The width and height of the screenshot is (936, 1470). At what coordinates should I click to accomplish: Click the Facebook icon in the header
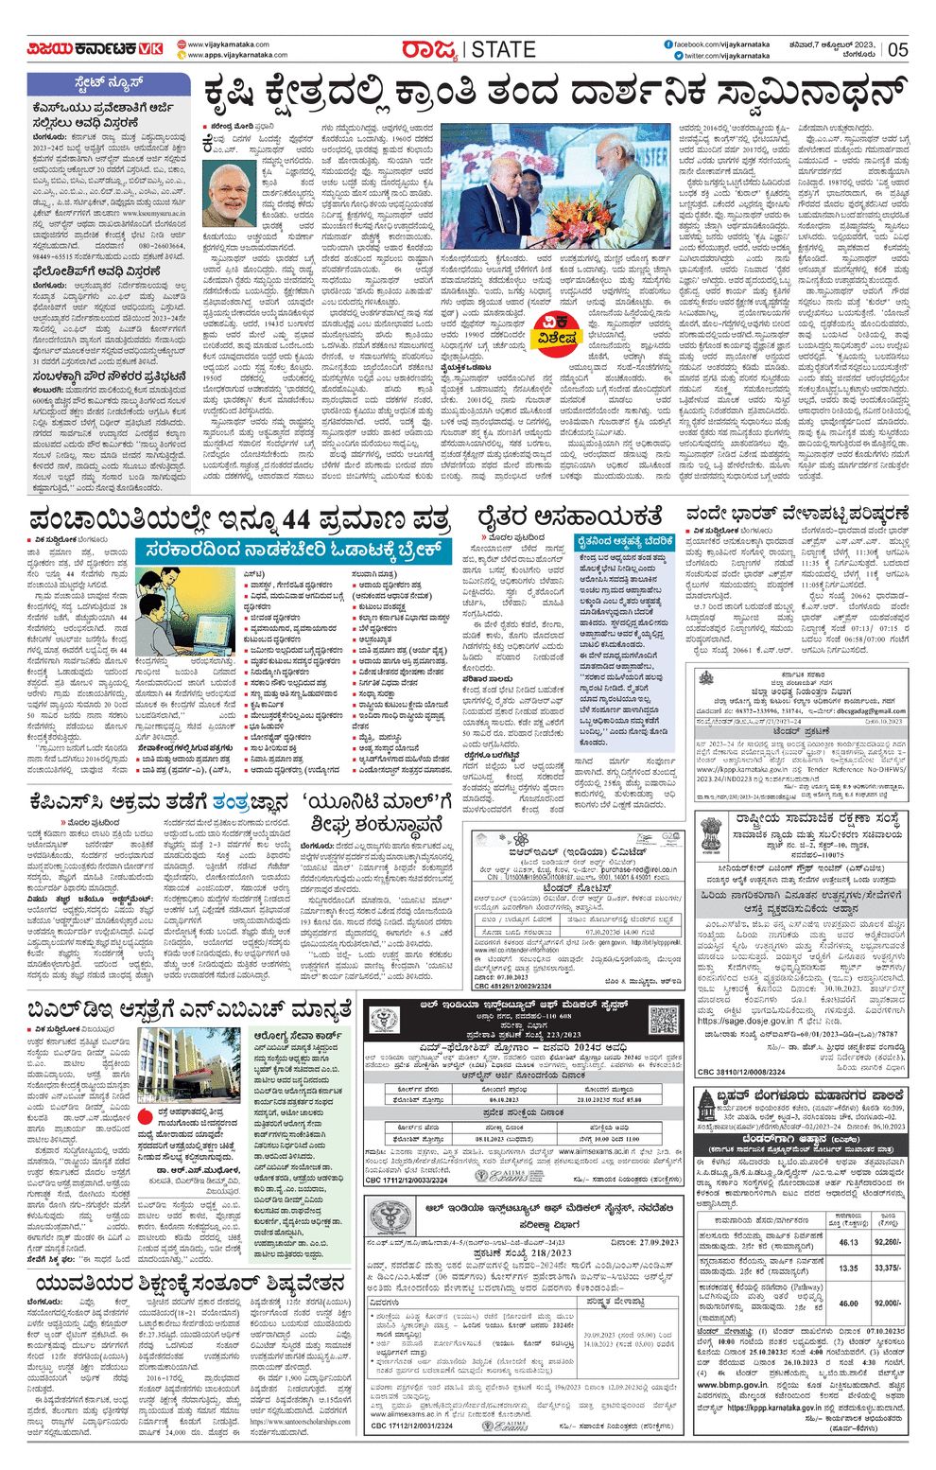click(x=668, y=44)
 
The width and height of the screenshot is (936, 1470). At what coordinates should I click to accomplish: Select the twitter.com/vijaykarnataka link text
click(x=726, y=56)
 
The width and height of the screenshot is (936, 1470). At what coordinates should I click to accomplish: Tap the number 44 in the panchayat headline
click(x=310, y=519)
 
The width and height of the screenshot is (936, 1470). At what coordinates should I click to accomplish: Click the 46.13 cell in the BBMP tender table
click(x=848, y=1242)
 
